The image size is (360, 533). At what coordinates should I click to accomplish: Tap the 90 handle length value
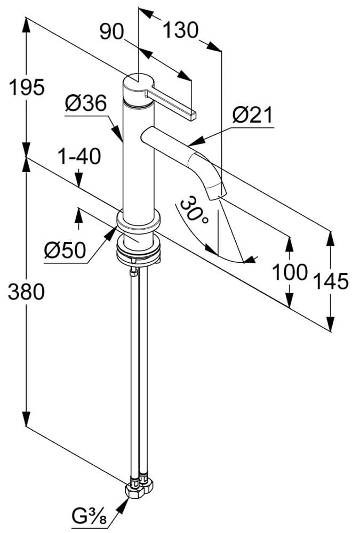(112, 32)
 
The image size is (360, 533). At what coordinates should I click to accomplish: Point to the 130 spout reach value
(180, 30)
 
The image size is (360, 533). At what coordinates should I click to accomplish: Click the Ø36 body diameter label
(86, 103)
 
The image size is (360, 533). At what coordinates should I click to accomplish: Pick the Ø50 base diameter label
(65, 250)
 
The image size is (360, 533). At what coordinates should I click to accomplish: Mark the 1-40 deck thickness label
(79, 157)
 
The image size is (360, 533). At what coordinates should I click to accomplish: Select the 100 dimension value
(290, 272)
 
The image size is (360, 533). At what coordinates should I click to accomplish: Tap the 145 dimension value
(331, 280)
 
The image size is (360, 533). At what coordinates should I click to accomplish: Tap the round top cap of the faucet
(138, 82)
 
